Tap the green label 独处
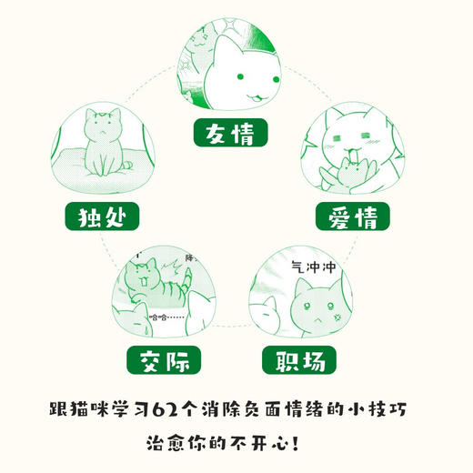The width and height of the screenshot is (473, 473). pyautogui.click(x=96, y=218)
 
